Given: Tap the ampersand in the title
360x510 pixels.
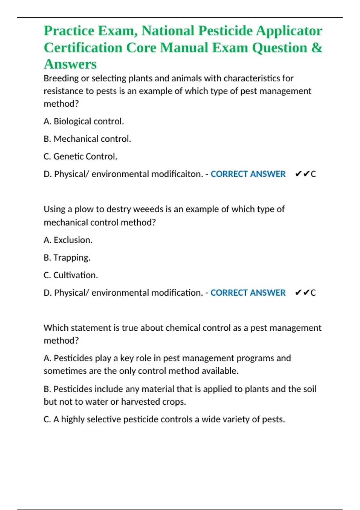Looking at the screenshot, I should point(317,47).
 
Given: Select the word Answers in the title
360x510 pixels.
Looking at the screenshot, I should point(70,64).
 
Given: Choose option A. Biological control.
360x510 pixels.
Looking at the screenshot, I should point(84,121).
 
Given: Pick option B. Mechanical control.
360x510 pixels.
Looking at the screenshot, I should point(87,139).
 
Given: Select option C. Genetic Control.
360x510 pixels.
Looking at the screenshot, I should point(80,156).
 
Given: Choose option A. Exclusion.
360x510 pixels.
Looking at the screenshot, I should point(68,240).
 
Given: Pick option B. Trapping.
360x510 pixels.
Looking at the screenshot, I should point(67,258).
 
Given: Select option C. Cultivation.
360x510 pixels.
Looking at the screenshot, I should point(71,275).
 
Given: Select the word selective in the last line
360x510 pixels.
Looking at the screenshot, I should point(104,419).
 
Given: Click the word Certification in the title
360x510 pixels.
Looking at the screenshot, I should point(83,47).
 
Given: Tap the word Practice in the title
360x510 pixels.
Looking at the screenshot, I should point(69,31).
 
